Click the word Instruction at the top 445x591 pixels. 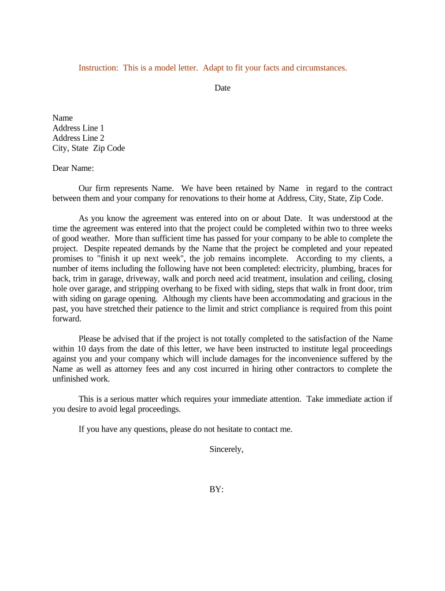[98, 68]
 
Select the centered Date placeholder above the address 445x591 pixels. [222, 88]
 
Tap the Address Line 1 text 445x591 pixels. [78, 128]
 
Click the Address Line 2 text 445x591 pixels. [78, 138]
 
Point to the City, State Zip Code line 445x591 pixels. [88, 148]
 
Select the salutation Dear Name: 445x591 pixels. [73, 169]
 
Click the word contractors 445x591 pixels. [307, 369]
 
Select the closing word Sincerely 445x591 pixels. [226, 450]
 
